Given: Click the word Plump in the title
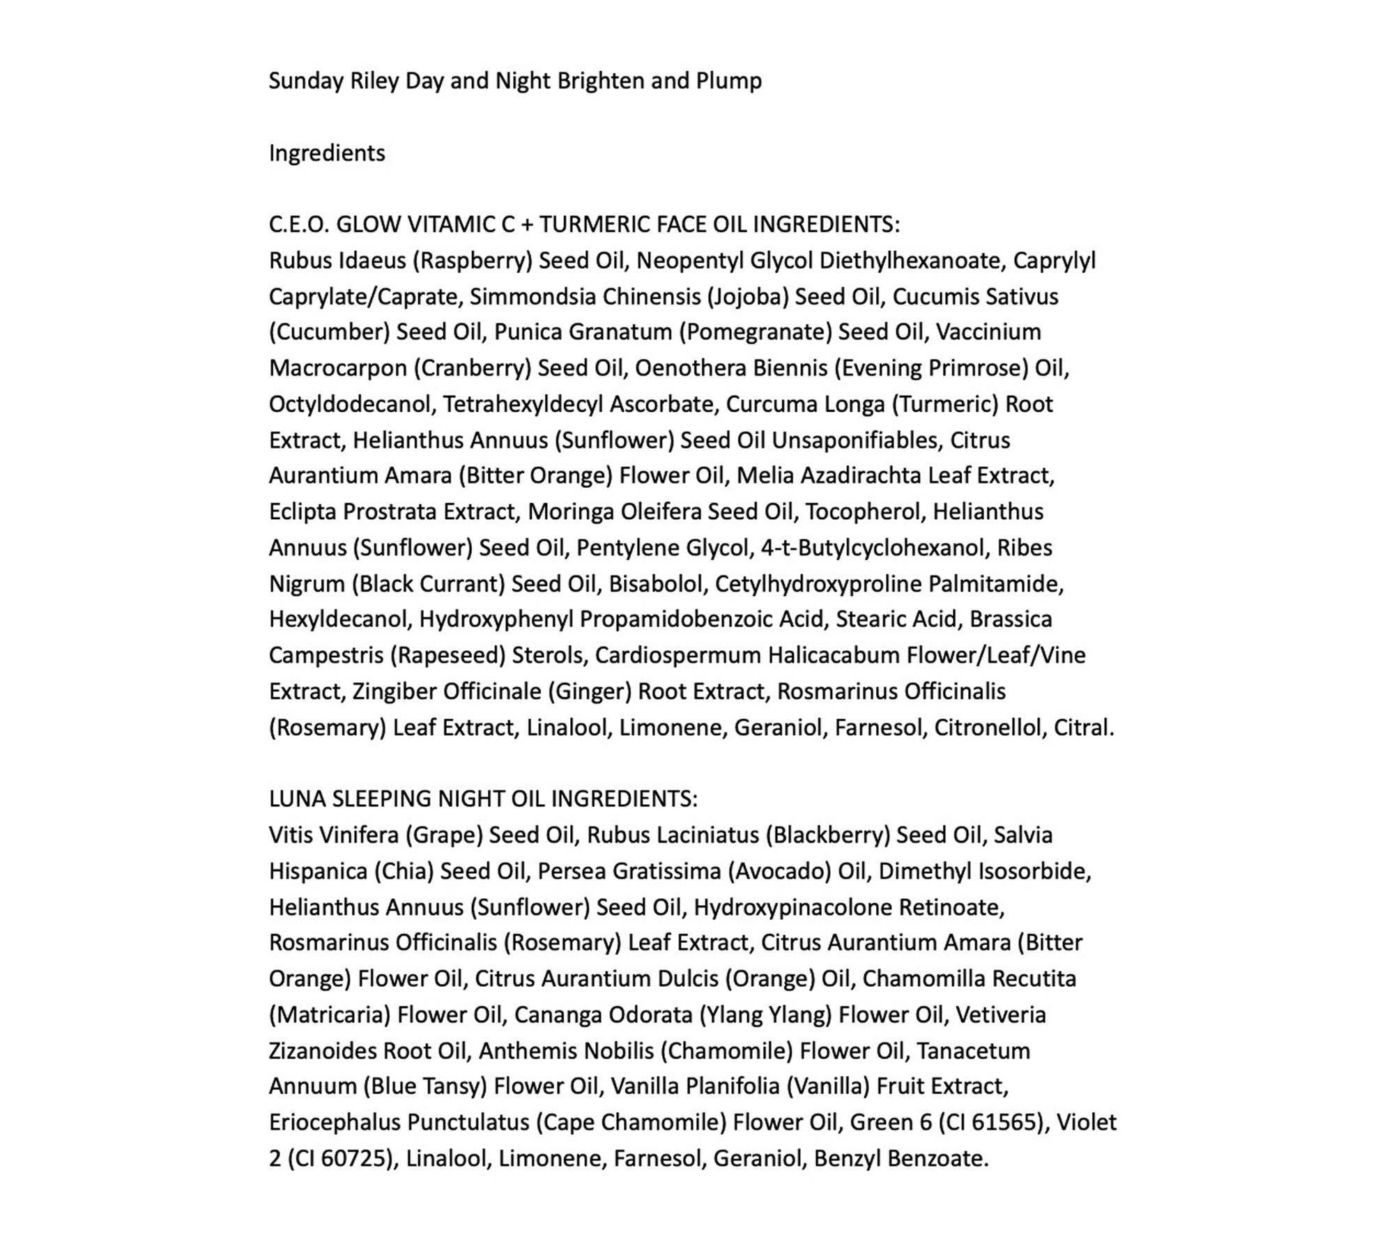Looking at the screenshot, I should coord(728,82).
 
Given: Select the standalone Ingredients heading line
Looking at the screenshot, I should coord(327,153).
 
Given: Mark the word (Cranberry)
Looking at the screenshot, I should coord(473,369).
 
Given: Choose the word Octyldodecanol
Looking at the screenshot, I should coord(352,404).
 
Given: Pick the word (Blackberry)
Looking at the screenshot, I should coord(827,836).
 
